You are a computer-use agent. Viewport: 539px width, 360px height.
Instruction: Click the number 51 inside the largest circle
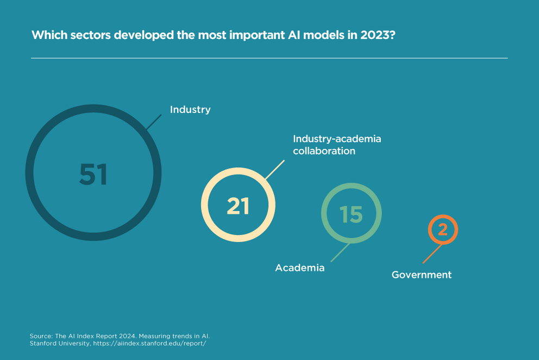[93, 175]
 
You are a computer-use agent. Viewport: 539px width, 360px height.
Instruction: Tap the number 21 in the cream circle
[238, 206]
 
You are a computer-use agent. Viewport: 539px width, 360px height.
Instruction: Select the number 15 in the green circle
[351, 214]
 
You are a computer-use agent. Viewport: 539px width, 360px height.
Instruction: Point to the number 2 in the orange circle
[443, 229]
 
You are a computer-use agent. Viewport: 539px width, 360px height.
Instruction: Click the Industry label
[190, 110]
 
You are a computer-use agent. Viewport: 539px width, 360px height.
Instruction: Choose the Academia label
[299, 268]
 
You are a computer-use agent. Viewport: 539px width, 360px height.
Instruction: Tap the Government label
[421, 275]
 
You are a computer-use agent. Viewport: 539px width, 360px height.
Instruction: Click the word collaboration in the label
[324, 151]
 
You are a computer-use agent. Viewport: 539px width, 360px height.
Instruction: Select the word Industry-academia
[337, 139]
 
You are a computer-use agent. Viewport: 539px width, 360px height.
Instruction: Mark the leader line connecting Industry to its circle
[154, 122]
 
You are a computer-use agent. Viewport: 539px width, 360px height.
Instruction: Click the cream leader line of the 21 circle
[275, 169]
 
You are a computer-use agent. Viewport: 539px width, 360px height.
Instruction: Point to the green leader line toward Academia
[340, 252]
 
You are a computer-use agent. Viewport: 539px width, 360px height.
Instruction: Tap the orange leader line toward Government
[432, 254]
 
